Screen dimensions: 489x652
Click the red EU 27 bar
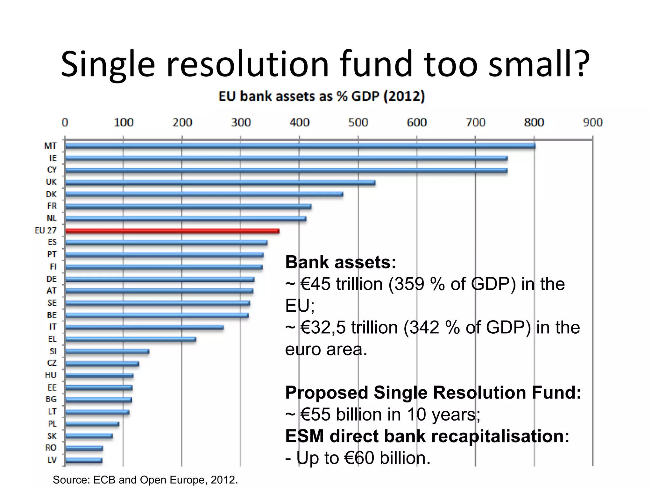coord(172,231)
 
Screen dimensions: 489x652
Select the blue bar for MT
coord(299,146)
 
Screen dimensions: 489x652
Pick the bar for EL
coord(131,339)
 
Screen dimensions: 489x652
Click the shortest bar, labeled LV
coord(84,460)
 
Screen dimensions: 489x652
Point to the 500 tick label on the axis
coord(358,123)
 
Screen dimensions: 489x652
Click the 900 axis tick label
coord(592,123)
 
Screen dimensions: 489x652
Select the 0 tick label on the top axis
coord(65,123)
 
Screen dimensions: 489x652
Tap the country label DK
coord(51,194)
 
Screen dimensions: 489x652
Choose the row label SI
coord(53,351)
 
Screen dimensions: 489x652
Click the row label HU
coord(51,375)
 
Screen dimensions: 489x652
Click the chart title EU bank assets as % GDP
coord(322,96)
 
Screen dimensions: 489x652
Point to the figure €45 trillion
coord(341,284)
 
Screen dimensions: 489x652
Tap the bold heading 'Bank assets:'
coord(341,262)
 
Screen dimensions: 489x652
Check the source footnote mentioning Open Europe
coord(145,480)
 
